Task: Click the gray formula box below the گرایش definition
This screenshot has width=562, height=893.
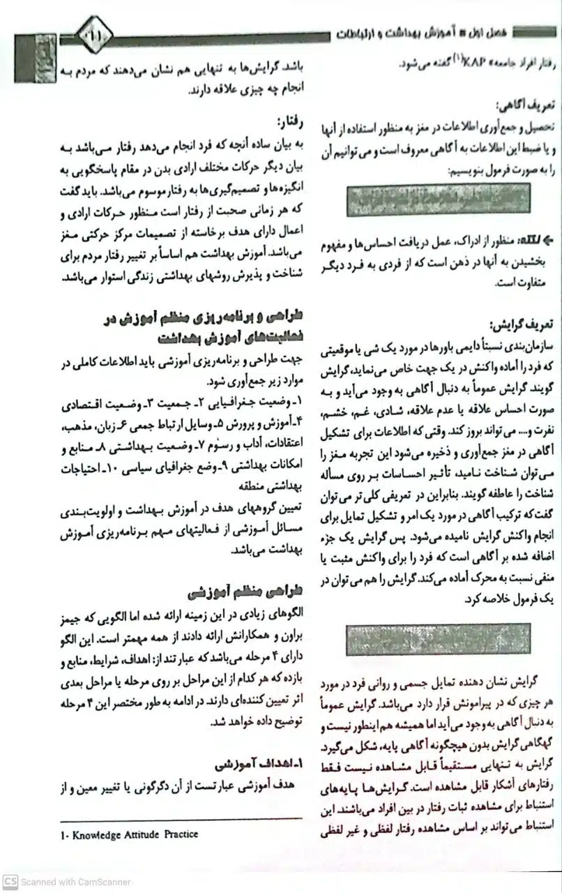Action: tap(438, 639)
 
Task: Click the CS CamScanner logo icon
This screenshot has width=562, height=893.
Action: tap(9, 882)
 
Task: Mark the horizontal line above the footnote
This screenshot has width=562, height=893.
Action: tap(181, 819)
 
